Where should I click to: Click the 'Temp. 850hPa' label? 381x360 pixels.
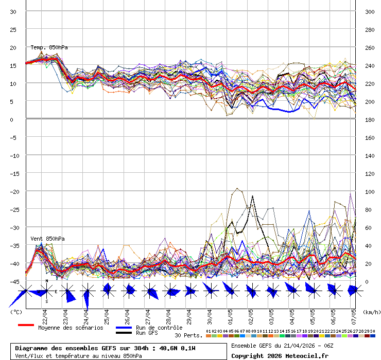click(x=49, y=48)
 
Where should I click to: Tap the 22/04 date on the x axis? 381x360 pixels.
click(x=45, y=313)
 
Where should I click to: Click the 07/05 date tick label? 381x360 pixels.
click(x=353, y=313)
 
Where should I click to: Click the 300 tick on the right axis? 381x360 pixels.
click(x=370, y=12)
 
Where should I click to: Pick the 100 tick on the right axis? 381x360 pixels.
click(x=370, y=192)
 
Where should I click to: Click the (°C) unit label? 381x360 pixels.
click(x=16, y=312)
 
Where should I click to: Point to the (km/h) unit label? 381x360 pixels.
click(x=371, y=312)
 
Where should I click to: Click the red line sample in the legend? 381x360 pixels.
click(x=26, y=325)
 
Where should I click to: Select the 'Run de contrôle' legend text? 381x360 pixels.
click(x=159, y=328)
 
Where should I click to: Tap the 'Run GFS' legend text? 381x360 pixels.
click(x=147, y=333)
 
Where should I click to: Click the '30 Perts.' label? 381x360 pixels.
click(x=188, y=335)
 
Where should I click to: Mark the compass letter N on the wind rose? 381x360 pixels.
click(x=47, y=281)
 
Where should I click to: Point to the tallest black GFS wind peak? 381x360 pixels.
click(x=253, y=196)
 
